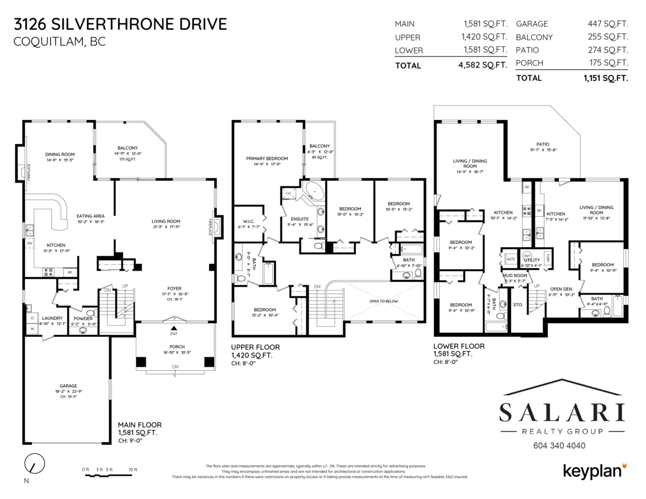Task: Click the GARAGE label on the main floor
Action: pyautogui.click(x=68, y=385)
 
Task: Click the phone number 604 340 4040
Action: pyautogui.click(x=559, y=446)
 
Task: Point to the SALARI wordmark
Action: pyautogui.click(x=562, y=413)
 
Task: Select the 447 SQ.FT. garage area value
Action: pyautogui.click(x=608, y=24)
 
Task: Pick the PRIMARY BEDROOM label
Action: pyautogui.click(x=267, y=158)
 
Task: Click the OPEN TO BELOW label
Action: pyautogui.click(x=383, y=301)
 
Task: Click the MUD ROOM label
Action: pyautogui.click(x=514, y=275)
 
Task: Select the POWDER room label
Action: pyautogui.click(x=83, y=318)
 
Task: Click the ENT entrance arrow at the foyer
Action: pyautogui.click(x=173, y=328)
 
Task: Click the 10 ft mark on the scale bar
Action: pyautogui.click(x=132, y=470)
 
